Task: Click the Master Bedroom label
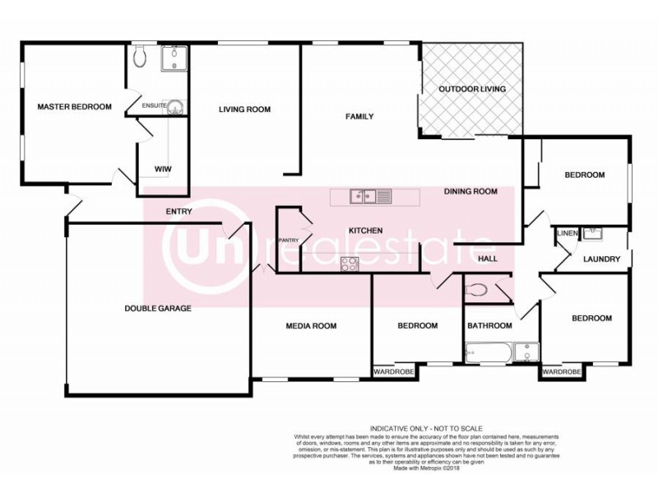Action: pos(74,106)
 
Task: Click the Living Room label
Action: pos(244,110)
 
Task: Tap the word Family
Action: pos(359,117)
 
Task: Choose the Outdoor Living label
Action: pos(471,89)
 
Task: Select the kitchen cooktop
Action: pos(350,264)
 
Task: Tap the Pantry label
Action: pos(288,240)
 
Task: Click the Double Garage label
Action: pos(158,309)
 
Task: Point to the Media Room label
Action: pos(311,326)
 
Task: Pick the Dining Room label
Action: pos(470,192)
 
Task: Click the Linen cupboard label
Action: pos(567,234)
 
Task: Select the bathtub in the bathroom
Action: pos(486,352)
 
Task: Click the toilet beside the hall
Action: pos(477,289)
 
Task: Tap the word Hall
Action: pos(488,259)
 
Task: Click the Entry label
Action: pos(178,212)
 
